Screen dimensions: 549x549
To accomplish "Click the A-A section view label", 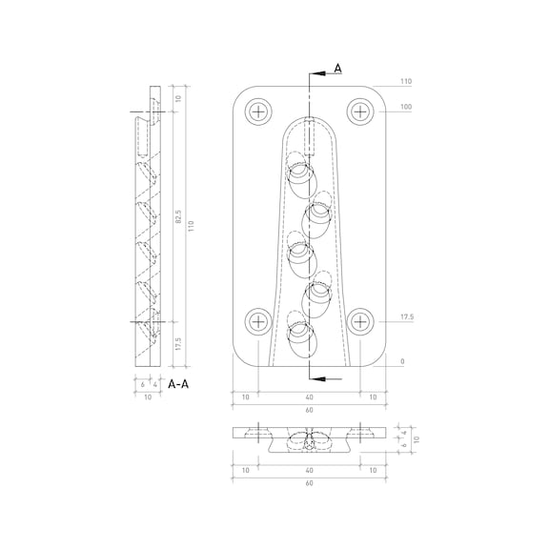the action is pyautogui.click(x=178, y=384).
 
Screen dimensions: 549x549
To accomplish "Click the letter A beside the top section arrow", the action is pyautogui.click(x=337, y=69).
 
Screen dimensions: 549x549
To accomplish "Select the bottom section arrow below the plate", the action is pyautogui.click(x=326, y=378).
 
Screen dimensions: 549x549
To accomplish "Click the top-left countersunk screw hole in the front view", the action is pyautogui.click(x=258, y=112).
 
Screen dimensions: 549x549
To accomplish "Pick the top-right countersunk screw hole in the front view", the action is pyautogui.click(x=360, y=112).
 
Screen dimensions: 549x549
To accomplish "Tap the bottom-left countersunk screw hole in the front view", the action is pyautogui.click(x=258, y=321).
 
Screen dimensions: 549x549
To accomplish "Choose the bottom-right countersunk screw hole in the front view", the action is pyautogui.click(x=360, y=321).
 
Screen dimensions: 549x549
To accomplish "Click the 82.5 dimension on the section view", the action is pyautogui.click(x=178, y=216).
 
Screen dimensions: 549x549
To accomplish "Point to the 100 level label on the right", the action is pyautogui.click(x=406, y=107).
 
